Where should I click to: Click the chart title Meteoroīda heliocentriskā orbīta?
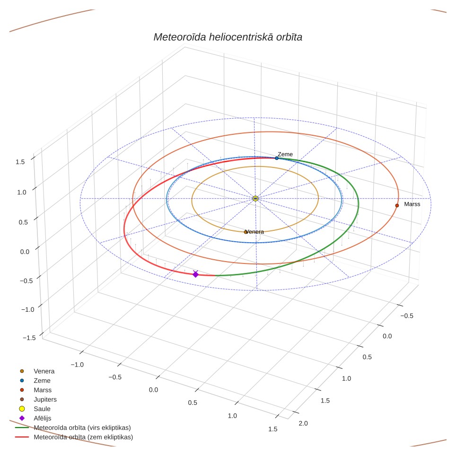[x=228, y=37]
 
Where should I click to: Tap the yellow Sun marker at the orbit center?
[x=255, y=199]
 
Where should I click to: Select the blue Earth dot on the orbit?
[x=277, y=158]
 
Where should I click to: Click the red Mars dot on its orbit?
[x=397, y=206]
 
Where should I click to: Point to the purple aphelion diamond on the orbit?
[x=195, y=274]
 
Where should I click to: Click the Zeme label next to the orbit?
[x=285, y=154]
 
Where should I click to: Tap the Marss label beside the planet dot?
[x=412, y=204]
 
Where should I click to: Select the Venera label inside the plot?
[x=254, y=232]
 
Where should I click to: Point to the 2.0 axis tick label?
[x=303, y=423]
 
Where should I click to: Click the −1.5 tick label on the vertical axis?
[x=29, y=338]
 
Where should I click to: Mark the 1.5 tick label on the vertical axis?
[x=20, y=162]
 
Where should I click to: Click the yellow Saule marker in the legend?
[x=22, y=409]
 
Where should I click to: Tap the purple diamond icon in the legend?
[x=22, y=418]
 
